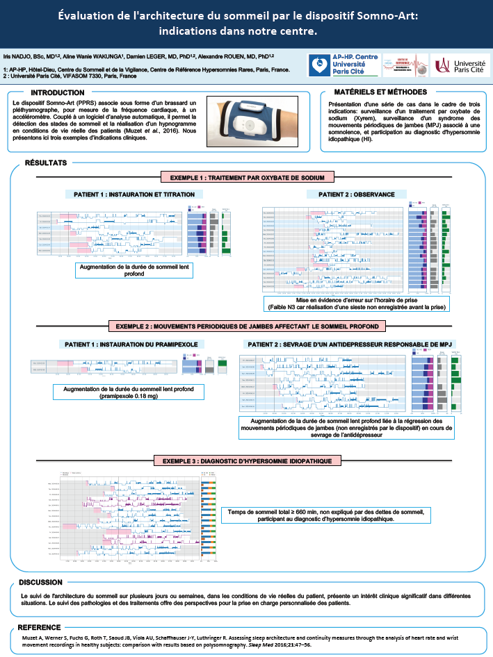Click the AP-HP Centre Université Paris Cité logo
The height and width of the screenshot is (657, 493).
pos(337,65)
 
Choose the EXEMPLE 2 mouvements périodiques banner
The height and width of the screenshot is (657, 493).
pos(247,326)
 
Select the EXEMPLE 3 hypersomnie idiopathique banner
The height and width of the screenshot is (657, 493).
pos(247,460)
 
